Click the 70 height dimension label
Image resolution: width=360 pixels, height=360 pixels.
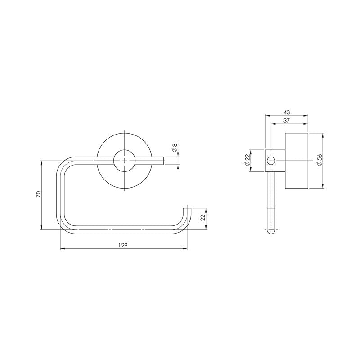39,194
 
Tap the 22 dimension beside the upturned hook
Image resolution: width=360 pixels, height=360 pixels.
202,218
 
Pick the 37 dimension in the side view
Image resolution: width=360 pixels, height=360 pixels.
287,121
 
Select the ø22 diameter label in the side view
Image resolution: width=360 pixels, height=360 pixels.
247,161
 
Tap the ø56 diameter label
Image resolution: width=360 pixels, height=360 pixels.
319,161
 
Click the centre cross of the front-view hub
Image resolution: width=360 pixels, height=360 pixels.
124,161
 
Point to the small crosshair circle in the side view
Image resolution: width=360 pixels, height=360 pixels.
271,161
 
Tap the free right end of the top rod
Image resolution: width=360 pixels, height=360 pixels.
162,161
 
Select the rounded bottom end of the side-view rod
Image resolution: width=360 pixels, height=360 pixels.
271,230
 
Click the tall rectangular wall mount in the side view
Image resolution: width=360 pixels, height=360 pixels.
296,161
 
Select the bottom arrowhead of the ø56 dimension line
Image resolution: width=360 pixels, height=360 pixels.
323,186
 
